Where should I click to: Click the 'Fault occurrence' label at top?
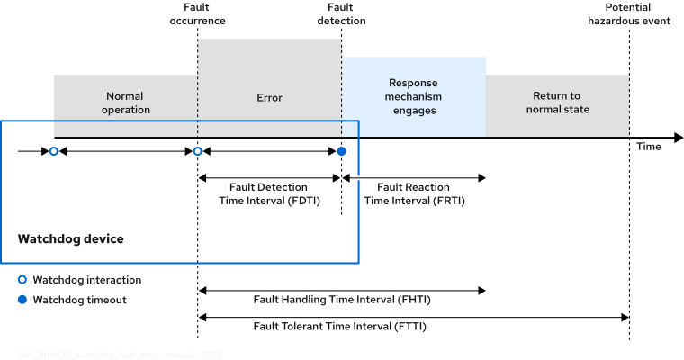[x=197, y=13]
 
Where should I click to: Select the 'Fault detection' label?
[x=341, y=13]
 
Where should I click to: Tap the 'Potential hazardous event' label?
[x=628, y=13]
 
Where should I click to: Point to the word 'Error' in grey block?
[x=269, y=97]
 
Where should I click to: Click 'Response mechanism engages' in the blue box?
[x=414, y=96]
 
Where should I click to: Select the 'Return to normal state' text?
[x=557, y=103]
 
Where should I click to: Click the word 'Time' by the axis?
[x=648, y=147]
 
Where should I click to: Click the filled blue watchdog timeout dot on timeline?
[x=341, y=151]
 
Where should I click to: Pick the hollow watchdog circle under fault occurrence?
[x=198, y=151]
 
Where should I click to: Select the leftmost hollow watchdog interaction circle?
[x=53, y=151]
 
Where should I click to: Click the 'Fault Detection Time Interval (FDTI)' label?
[x=268, y=194]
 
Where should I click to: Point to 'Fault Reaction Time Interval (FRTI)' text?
[x=414, y=194]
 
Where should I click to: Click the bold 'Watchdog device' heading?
[x=71, y=239]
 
